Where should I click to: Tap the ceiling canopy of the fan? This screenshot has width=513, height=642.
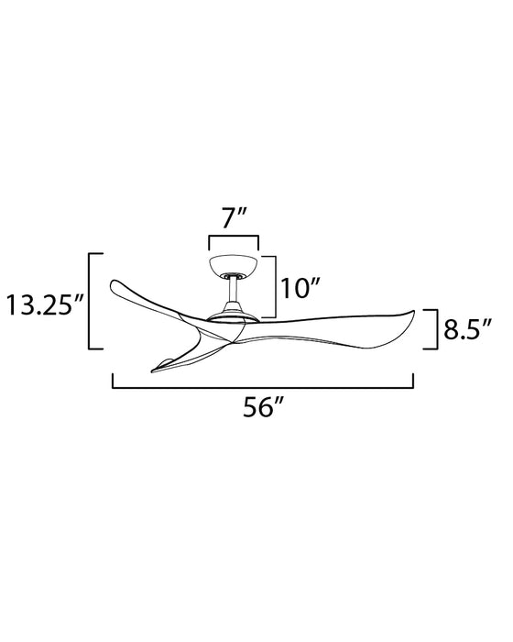234,267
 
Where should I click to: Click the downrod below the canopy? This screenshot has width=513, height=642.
234,295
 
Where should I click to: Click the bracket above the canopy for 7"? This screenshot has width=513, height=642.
234,238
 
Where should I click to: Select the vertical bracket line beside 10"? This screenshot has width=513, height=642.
277,287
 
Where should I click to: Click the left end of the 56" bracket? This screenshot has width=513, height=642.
113,381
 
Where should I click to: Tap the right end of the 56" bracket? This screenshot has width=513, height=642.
414,381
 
